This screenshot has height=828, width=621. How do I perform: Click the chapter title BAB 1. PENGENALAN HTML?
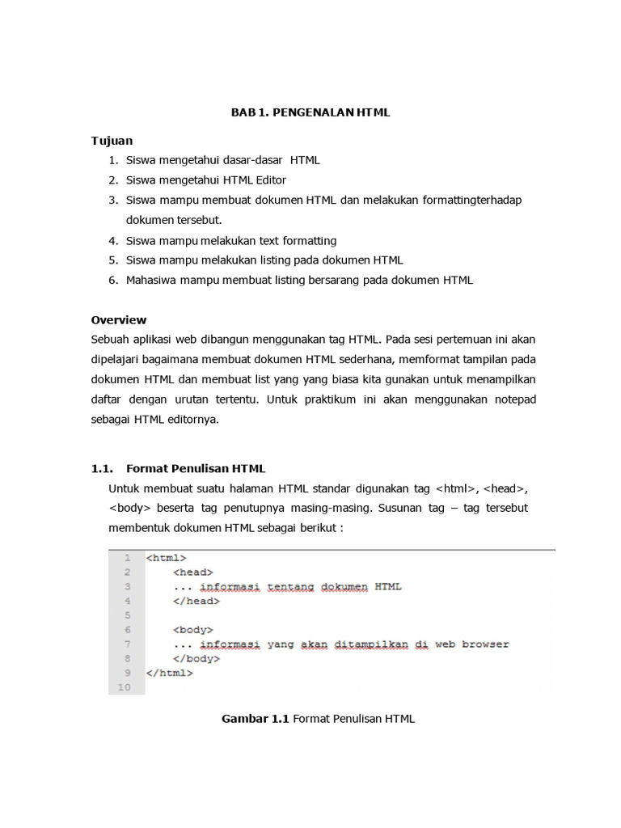310,112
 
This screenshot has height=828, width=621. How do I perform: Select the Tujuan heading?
112,140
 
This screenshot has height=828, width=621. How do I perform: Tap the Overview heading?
119,319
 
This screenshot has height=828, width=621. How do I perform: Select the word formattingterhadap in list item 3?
469,200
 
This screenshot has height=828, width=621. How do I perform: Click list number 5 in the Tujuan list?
113,260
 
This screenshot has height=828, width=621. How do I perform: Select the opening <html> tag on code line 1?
167,558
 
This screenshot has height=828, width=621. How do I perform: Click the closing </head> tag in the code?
196,601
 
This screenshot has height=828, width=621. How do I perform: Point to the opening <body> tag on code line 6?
192,629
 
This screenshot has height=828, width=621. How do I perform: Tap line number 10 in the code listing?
123,687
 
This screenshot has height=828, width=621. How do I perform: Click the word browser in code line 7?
484,644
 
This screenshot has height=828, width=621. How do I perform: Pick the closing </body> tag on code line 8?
196,658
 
